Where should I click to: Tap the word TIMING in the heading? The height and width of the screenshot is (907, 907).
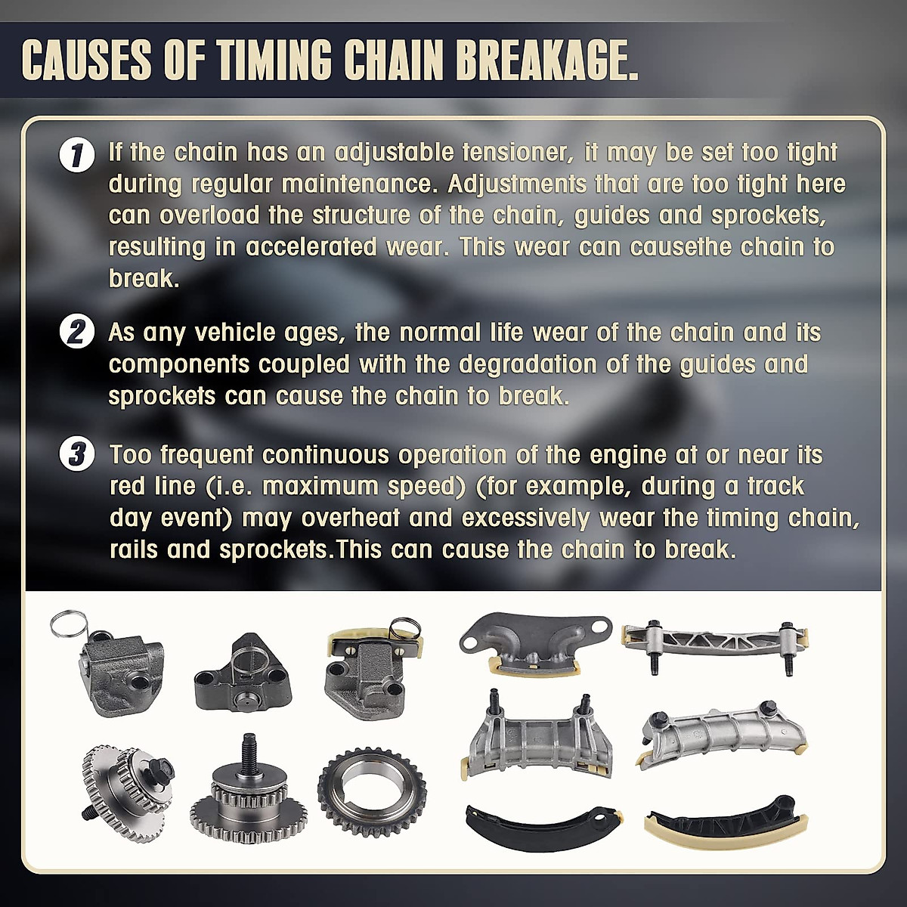[x=275, y=60]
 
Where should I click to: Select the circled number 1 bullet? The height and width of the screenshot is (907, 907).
[x=76, y=155]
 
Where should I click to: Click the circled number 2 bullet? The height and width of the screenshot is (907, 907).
[x=76, y=333]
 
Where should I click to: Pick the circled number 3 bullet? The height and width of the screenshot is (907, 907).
[x=76, y=455]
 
